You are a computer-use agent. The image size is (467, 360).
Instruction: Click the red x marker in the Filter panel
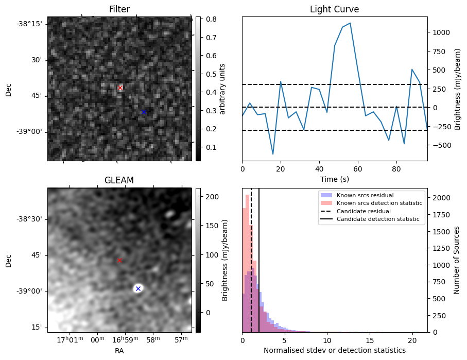tap(120, 88)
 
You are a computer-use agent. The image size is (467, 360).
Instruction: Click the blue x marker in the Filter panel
tap(144, 112)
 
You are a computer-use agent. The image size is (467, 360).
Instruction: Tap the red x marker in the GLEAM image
tap(119, 261)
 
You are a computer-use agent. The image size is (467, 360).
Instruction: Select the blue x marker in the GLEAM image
tap(138, 288)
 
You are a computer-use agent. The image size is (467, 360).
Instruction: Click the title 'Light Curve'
tap(334, 9)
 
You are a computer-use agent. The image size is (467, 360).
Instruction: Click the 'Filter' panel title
tap(119, 9)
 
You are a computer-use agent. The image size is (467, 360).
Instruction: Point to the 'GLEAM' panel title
tap(119, 180)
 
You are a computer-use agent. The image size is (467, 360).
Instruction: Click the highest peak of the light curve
tap(350, 23)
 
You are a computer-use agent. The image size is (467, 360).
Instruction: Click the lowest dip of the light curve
tap(273, 154)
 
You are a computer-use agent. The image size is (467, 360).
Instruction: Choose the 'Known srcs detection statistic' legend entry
tap(379, 203)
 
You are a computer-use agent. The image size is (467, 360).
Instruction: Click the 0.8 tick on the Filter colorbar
tap(211, 20)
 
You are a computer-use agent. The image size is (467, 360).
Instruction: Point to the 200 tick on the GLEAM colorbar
tap(212, 197)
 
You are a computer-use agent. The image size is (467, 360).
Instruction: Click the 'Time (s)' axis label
tap(334, 178)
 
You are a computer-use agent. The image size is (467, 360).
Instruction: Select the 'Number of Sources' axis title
tap(457, 260)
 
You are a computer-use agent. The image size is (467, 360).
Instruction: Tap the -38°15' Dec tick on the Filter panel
tap(30, 24)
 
